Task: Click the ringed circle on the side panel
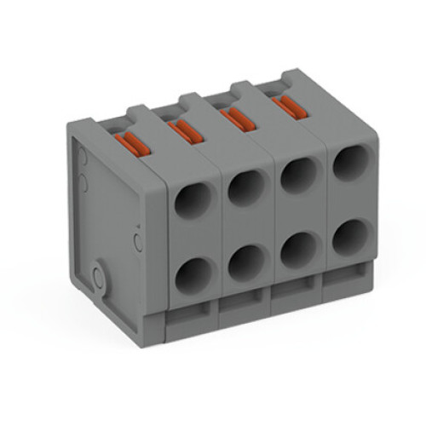[x=101, y=277]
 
